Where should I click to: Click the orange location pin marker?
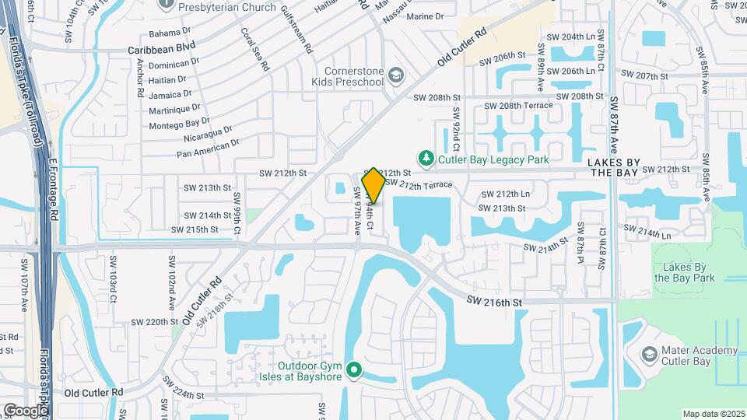(373, 185)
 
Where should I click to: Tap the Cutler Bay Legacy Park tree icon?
(426, 159)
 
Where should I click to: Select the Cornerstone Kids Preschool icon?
(396, 75)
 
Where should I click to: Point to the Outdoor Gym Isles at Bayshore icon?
(354, 370)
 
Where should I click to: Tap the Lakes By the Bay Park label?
(684, 272)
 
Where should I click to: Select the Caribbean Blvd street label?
(162, 47)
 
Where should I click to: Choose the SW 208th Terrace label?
(518, 105)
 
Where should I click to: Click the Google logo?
(25, 410)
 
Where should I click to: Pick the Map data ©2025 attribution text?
(713, 414)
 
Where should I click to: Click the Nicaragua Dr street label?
(207, 134)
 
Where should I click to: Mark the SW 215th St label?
(195, 229)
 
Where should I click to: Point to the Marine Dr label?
(425, 16)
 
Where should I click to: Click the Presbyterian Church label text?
(227, 7)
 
